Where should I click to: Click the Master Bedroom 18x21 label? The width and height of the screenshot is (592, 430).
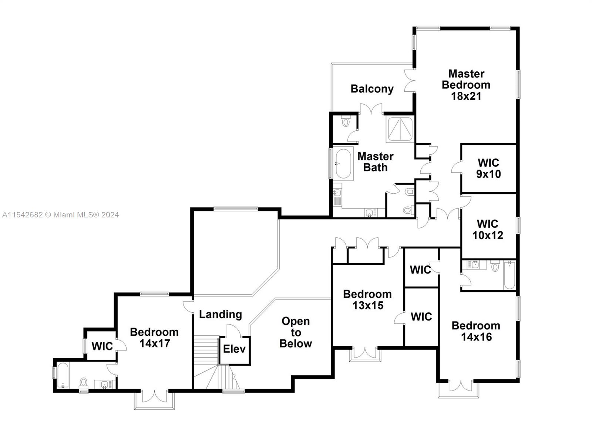tap(466, 85)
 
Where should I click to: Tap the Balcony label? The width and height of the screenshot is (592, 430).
tap(372, 89)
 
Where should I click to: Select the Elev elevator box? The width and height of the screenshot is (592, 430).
tap(235, 349)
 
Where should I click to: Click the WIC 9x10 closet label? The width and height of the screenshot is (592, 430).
tap(488, 168)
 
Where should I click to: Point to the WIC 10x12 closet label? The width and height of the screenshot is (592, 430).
tap(488, 229)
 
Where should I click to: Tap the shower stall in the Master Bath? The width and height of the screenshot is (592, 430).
tap(400, 129)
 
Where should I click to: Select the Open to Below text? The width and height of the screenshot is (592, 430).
tap(295, 332)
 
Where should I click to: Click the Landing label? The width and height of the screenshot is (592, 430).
tap(221, 314)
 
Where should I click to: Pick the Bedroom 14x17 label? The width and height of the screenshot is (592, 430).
tap(154, 337)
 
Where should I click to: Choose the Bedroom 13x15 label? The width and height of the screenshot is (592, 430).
tap(367, 299)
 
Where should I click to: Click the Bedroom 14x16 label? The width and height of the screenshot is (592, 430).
tap(476, 331)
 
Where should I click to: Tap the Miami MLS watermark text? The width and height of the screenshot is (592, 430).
tap(60, 215)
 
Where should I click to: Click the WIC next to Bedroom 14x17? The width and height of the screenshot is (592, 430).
tap(102, 346)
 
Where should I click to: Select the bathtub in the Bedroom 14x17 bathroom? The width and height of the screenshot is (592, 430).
tap(63, 375)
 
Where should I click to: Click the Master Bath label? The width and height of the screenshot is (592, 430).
tap(375, 162)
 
